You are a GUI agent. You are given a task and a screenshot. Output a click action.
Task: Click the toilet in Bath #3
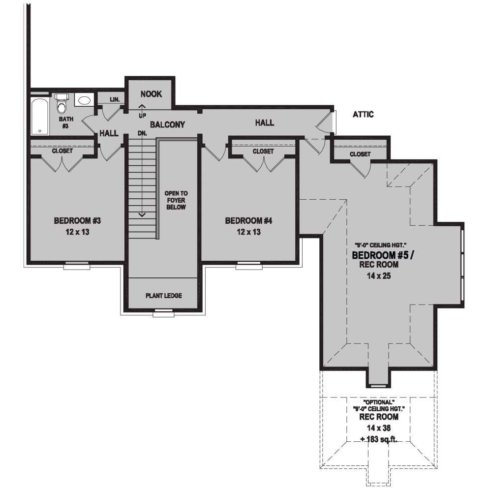(x=61, y=105)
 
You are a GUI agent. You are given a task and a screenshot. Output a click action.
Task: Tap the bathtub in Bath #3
(x=39, y=117)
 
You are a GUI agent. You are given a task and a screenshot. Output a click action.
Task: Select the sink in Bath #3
(x=84, y=100)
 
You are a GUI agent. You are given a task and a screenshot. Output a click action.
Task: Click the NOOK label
(x=151, y=94)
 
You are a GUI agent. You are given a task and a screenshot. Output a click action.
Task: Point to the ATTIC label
(x=363, y=115)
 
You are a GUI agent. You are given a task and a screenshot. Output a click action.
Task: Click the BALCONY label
(x=167, y=125)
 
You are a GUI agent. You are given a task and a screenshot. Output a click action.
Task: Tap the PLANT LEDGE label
(x=164, y=296)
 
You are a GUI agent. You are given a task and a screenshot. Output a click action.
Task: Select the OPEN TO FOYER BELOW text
(x=176, y=200)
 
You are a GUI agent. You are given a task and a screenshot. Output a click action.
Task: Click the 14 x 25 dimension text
(x=375, y=276)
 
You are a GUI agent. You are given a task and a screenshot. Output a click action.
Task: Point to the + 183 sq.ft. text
(x=378, y=439)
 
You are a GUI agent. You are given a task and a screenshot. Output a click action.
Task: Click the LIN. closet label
(x=115, y=99)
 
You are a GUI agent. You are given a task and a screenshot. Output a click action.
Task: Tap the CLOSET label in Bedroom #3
(x=62, y=151)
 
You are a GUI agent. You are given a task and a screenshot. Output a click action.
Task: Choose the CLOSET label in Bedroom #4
(x=263, y=152)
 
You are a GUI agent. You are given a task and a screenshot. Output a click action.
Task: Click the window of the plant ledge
(x=163, y=312)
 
